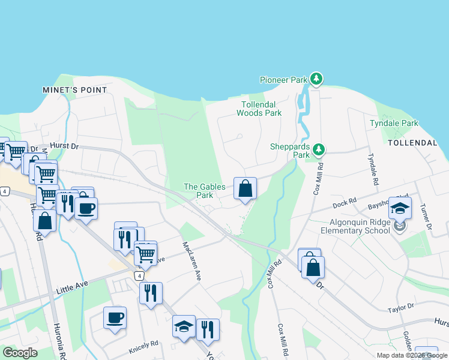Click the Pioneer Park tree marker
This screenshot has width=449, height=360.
pyautogui.click(x=316, y=79)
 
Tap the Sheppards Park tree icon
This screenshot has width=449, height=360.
pyautogui.click(x=320, y=148)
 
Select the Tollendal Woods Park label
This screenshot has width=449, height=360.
pyautogui.click(x=259, y=109)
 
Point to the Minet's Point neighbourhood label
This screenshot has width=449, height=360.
pyautogui.click(x=75, y=90)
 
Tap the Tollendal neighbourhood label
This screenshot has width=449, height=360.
pyautogui.click(x=412, y=143)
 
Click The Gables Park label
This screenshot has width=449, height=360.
pyautogui.click(x=205, y=191)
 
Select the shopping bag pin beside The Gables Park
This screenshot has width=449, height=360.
pyautogui.click(x=245, y=189)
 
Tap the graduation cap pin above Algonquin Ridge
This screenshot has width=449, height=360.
pyautogui.click(x=400, y=208)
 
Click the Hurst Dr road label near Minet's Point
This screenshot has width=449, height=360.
pyautogui.click(x=64, y=145)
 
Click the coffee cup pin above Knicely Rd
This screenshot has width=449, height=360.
pyautogui.click(x=115, y=318)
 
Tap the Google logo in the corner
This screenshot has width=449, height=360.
pyautogui.click(x=20, y=353)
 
